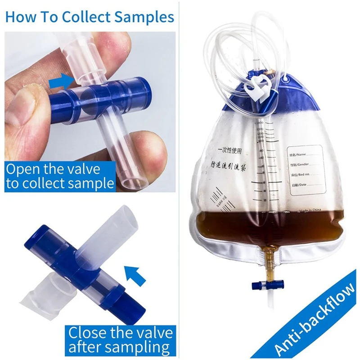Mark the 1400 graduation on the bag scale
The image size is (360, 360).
260,123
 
